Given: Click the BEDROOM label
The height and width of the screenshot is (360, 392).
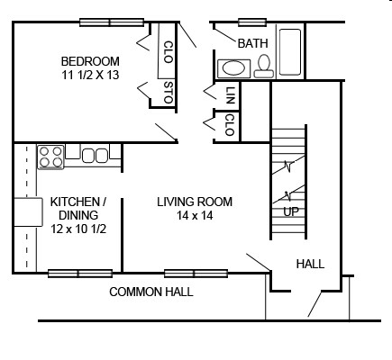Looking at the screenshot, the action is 90,61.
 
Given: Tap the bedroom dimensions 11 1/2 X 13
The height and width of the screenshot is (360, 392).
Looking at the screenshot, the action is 90,75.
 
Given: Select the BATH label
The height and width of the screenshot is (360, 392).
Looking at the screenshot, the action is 252,43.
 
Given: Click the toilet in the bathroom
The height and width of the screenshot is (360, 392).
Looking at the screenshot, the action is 264,67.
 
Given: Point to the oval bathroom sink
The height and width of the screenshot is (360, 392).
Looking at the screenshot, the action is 234,68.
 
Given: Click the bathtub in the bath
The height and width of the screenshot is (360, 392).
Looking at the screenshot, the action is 290,51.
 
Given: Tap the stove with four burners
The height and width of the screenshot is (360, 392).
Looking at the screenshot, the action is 50,157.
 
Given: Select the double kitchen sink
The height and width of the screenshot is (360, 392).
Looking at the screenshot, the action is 95,156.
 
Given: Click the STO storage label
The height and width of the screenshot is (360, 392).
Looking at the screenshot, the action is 169,92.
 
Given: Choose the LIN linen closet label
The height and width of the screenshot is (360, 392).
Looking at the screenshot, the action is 230,95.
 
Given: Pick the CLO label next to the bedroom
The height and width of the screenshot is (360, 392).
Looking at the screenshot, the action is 169,52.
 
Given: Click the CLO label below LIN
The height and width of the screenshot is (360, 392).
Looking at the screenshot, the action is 230,125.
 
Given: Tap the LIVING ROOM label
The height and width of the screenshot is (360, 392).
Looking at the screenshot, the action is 195,202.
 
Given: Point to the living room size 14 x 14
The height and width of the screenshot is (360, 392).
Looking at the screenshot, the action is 195,215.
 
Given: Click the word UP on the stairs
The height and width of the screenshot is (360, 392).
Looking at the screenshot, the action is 291,212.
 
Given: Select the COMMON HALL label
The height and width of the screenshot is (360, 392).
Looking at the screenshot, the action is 151,292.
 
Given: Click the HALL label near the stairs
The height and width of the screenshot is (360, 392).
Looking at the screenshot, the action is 310,264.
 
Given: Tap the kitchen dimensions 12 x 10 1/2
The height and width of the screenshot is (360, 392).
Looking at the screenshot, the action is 78,229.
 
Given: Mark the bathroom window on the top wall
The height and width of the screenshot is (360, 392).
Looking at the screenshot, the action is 252,22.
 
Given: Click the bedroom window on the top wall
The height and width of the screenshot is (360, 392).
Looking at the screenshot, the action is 112,22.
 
